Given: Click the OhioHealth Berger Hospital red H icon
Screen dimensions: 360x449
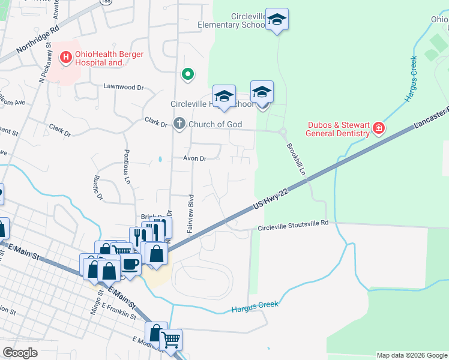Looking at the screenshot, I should pyautogui.click(x=66, y=58).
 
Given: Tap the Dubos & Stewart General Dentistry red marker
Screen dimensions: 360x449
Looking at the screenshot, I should pyautogui.click(x=378, y=128).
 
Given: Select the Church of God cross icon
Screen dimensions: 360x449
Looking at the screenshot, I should pyautogui.click(x=179, y=124).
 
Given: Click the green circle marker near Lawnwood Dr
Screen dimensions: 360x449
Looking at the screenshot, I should pyautogui.click(x=188, y=74).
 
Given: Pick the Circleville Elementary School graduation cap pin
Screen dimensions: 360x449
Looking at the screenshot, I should pyautogui.click(x=277, y=20).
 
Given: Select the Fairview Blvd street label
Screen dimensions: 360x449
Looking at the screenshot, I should pyautogui.click(x=191, y=214).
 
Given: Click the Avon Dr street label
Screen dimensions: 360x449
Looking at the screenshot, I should pyautogui.click(x=194, y=159).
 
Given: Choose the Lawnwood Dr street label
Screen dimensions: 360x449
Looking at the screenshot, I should pyautogui.click(x=124, y=87).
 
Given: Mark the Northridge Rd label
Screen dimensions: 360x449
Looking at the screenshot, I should pyautogui.click(x=38, y=37).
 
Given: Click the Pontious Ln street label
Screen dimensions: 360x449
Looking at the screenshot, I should pyautogui.click(x=127, y=166).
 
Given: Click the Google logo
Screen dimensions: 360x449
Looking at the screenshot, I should pyautogui.click(x=20, y=353).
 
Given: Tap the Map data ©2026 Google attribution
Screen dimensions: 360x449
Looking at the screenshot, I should pyautogui.click(x=412, y=355).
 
